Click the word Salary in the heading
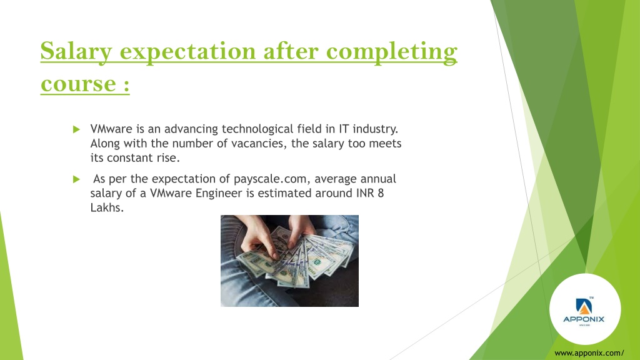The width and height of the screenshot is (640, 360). [x=76, y=51]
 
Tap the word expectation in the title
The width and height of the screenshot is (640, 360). [x=187, y=52]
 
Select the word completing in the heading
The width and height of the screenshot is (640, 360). [x=392, y=52]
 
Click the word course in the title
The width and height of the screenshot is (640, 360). [x=78, y=84]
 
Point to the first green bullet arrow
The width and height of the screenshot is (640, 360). [x=76, y=129]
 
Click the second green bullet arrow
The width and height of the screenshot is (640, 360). [x=76, y=179]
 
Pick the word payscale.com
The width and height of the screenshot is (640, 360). [x=270, y=179]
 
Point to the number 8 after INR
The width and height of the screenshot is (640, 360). [x=381, y=193]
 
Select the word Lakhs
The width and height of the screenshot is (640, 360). [x=106, y=207]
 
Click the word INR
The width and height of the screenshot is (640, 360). [x=365, y=193]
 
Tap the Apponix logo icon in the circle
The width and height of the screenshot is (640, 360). [x=584, y=306]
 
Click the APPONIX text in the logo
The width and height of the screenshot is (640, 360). [x=584, y=319]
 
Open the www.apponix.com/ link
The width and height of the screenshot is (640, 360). [x=589, y=353]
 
